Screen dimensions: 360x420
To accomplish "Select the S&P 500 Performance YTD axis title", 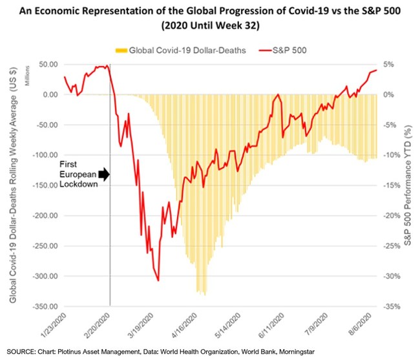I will pyautogui.click(x=408, y=185).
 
